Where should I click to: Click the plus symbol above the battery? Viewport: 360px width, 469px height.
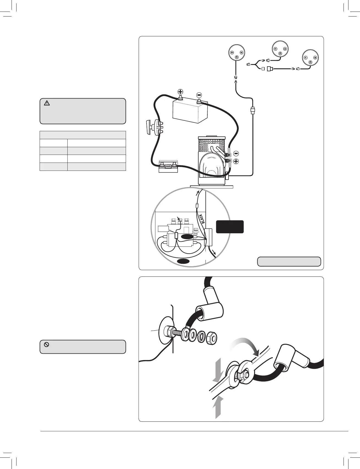tap(180, 92)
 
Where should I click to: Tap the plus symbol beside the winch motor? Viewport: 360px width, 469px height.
tap(236, 161)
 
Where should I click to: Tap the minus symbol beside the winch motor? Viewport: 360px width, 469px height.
tap(236, 153)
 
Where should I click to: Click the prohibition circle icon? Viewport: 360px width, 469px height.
tap(46, 344)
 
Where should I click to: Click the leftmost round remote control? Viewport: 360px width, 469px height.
tap(237, 54)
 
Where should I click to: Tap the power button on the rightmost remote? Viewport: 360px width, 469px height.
tap(310, 62)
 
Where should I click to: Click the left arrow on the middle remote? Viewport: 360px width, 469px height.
tap(275, 49)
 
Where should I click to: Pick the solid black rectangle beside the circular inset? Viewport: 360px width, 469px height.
tap(230, 227)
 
